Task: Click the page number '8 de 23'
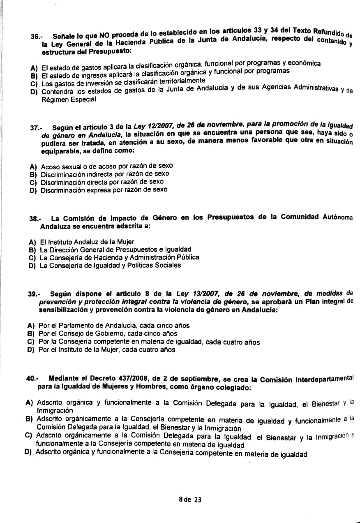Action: coord(190,500)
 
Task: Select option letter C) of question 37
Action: coord(33,182)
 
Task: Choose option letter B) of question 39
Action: coord(30,334)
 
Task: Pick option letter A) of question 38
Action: coord(32,242)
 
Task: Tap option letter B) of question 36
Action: coord(34,76)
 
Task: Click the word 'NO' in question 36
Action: coord(104,35)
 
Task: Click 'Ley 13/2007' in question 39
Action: coord(194,294)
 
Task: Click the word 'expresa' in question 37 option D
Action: coord(100,190)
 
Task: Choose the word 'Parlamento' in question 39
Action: coord(73,326)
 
